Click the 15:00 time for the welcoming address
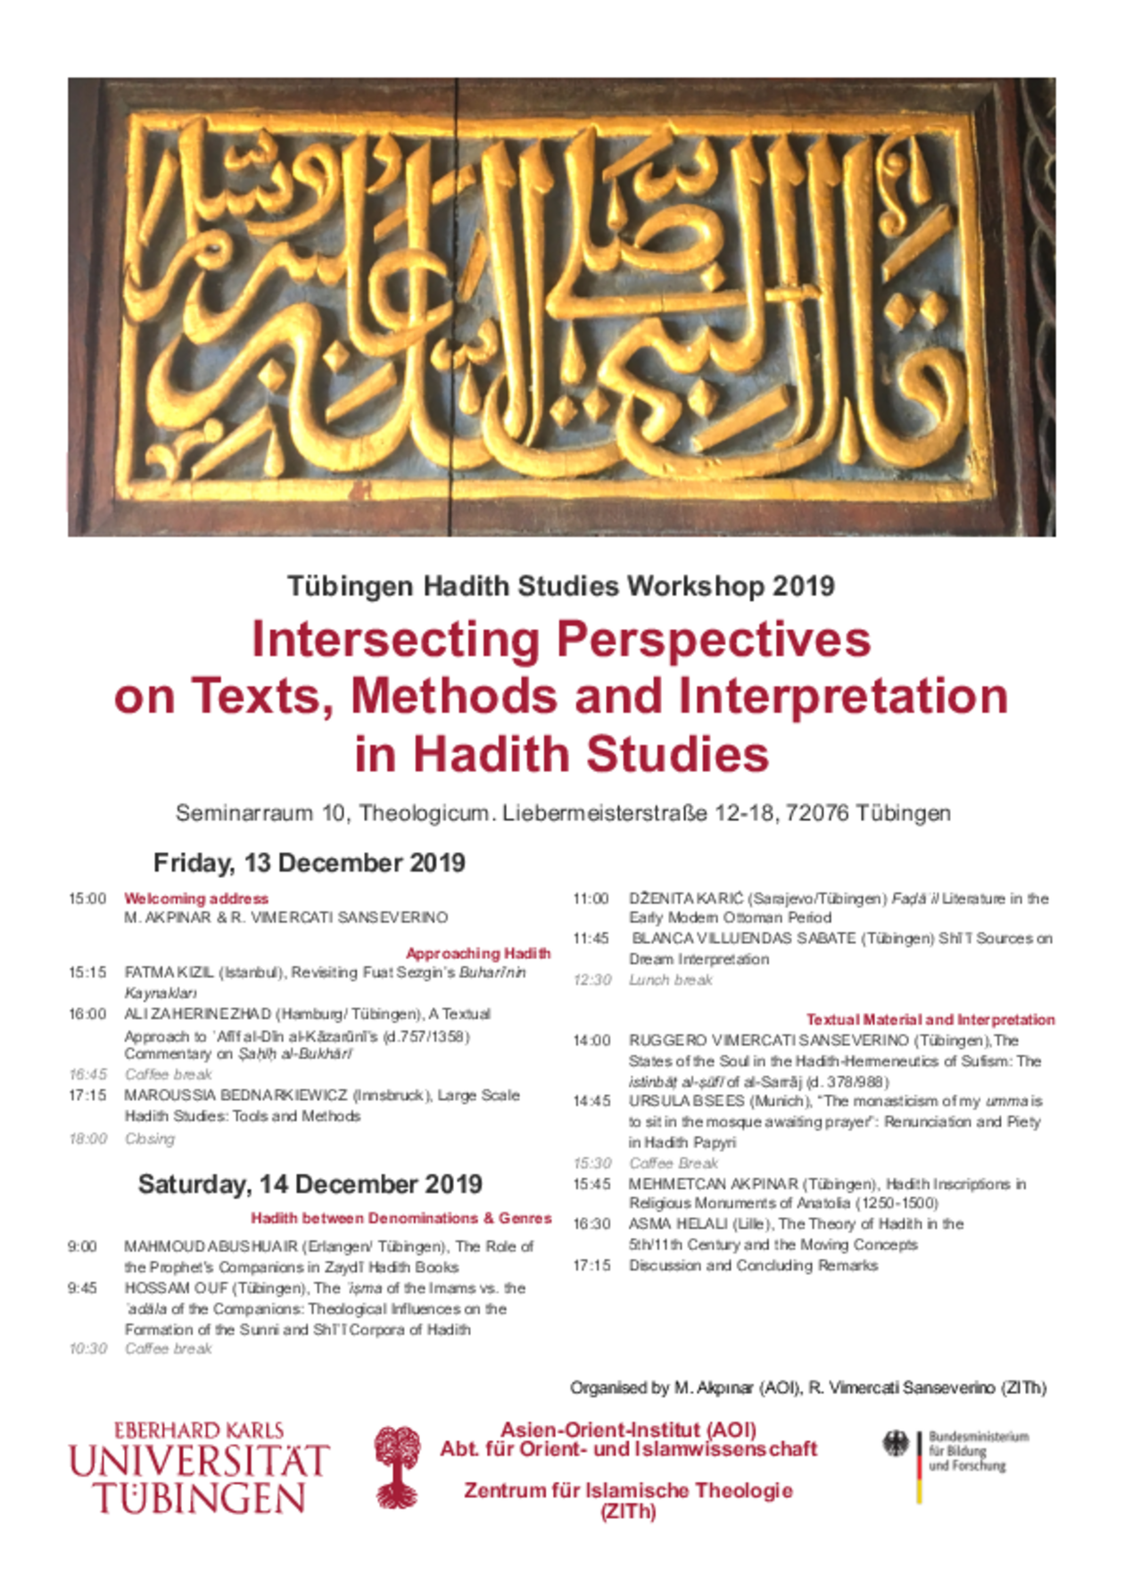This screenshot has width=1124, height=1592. [x=87, y=899]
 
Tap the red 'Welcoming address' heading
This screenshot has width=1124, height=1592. [x=195, y=899]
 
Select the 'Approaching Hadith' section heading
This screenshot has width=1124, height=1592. [x=477, y=953]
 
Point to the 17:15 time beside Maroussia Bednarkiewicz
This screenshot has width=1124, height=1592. [x=87, y=1095]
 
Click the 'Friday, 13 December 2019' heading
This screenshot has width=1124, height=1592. [x=309, y=863]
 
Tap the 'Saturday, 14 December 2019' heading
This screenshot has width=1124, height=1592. [x=310, y=1184]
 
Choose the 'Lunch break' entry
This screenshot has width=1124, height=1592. [x=670, y=980]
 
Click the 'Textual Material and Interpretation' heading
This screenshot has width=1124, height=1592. [x=930, y=1019]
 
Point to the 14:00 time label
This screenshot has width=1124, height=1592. [x=591, y=1041]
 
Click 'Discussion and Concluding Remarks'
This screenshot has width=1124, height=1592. [x=753, y=1265]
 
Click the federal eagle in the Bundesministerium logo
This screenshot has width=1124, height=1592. [x=895, y=1444]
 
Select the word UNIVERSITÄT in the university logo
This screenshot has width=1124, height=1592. [x=199, y=1462]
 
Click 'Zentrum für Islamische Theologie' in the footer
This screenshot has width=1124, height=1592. [x=628, y=1490]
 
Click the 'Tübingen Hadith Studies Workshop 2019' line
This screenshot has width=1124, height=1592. [x=560, y=586]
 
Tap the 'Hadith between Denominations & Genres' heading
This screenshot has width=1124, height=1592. [x=401, y=1218]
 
